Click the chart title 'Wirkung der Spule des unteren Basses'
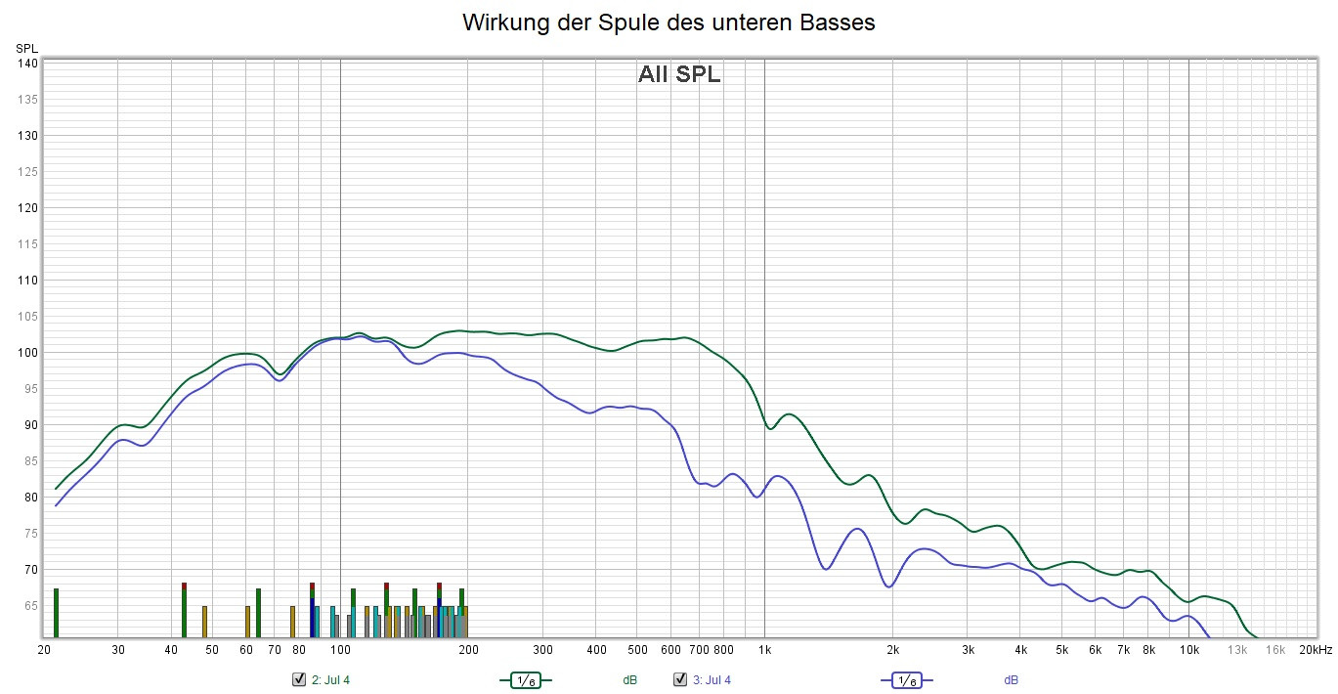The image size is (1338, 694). click(x=669, y=22)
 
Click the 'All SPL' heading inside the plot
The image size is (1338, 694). click(x=679, y=74)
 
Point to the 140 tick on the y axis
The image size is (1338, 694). click(x=27, y=64)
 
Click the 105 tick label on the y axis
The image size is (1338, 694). click(x=27, y=317)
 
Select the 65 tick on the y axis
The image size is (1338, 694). click(x=29, y=606)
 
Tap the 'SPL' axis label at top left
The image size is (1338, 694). click(x=26, y=48)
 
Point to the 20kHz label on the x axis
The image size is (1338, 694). click(x=1315, y=649)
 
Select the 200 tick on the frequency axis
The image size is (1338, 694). click(x=468, y=649)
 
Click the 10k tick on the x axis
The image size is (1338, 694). click(x=1189, y=649)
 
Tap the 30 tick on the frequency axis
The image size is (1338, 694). click(x=118, y=649)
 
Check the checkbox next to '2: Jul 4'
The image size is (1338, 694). click(x=299, y=679)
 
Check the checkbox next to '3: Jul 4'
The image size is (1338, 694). click(x=680, y=679)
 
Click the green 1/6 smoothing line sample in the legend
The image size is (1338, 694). click(x=526, y=679)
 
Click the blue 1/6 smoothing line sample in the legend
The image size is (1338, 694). click(x=906, y=679)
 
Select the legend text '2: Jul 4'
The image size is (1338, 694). click(x=330, y=680)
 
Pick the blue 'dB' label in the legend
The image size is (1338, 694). click(x=1011, y=680)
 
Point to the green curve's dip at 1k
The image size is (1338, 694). click(x=771, y=428)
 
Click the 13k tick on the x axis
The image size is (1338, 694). click(x=1238, y=649)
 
